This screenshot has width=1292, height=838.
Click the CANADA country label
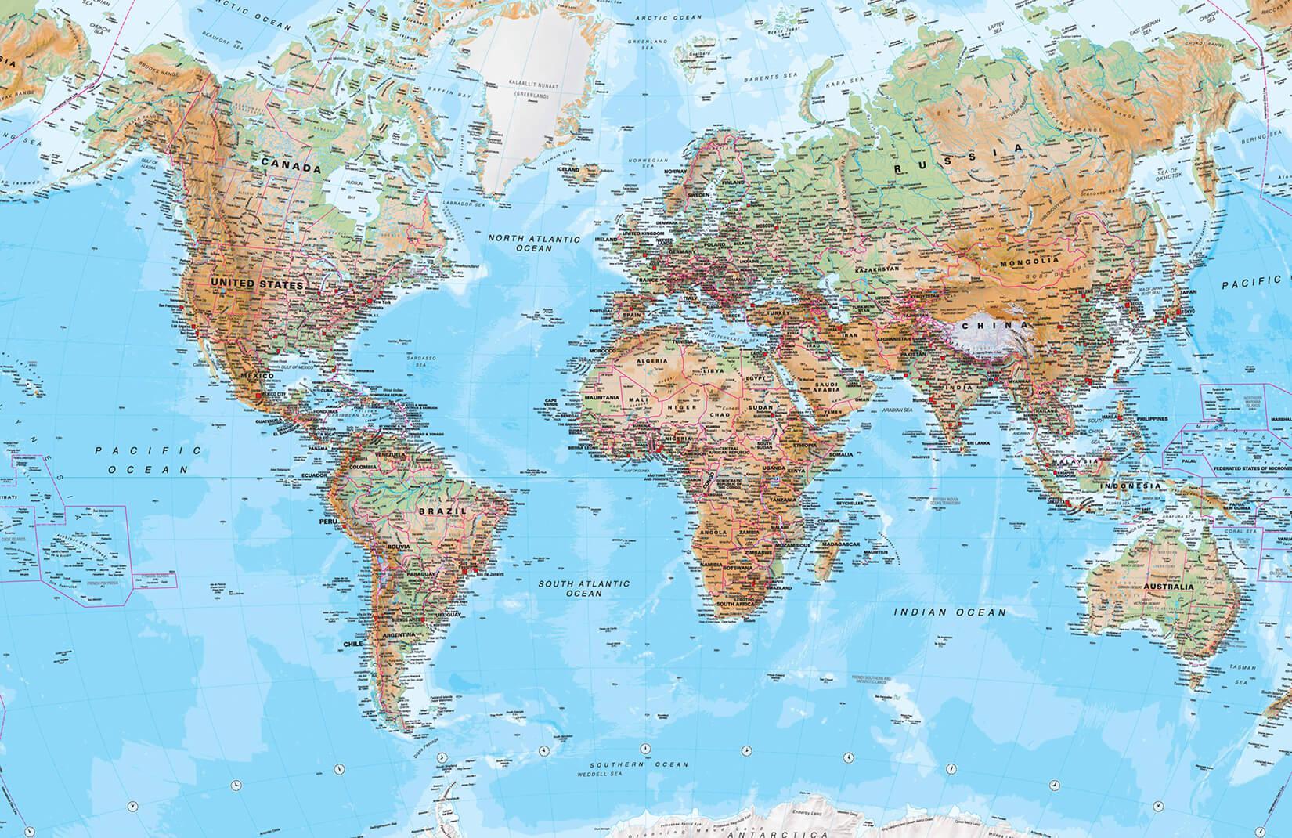[291, 168]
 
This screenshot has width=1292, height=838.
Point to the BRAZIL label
[443, 510]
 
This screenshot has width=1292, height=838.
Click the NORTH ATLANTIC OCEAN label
[532, 243]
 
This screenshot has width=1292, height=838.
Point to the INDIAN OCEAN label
[950, 612]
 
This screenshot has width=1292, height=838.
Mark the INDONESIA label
[1131, 486]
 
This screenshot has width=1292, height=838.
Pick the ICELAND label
[568, 169]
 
